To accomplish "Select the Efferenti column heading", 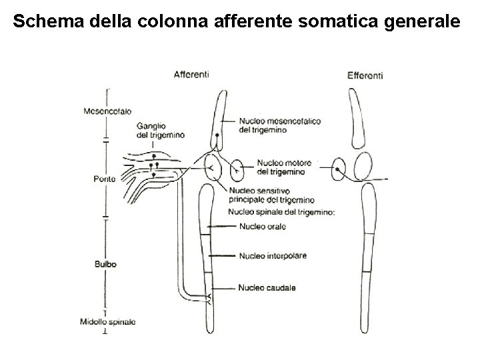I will (365, 75).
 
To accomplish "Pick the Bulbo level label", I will (106, 264).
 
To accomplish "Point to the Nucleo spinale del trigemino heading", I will (281, 212).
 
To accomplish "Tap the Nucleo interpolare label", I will (272, 256).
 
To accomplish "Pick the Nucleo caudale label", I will (266, 287).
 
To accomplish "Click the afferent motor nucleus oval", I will (237, 171).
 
